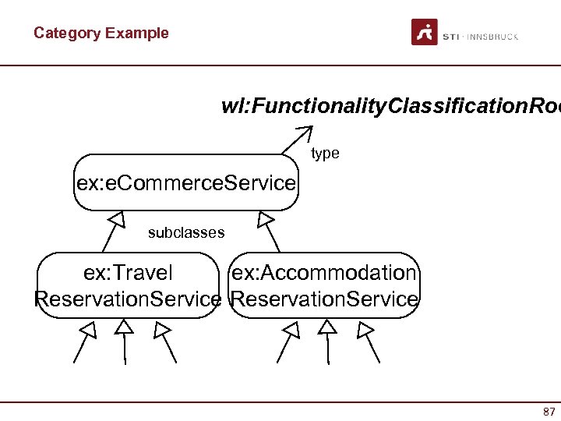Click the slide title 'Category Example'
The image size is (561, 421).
point(101,33)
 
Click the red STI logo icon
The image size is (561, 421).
point(425,33)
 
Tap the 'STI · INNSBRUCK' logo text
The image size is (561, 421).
point(480,37)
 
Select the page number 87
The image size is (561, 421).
point(549,411)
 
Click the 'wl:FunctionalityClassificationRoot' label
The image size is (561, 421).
point(390,106)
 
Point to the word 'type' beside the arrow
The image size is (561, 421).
point(325,154)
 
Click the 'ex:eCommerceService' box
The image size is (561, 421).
point(186,183)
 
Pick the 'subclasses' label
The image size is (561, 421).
point(186,232)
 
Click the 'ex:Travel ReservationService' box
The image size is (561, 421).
point(129,285)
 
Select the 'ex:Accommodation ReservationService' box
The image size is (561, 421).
point(324,285)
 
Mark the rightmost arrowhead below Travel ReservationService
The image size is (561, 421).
point(161,331)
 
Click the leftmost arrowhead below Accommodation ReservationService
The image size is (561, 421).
point(291,331)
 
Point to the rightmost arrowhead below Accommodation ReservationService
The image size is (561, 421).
point(364,331)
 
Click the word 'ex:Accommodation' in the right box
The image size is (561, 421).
point(324,273)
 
